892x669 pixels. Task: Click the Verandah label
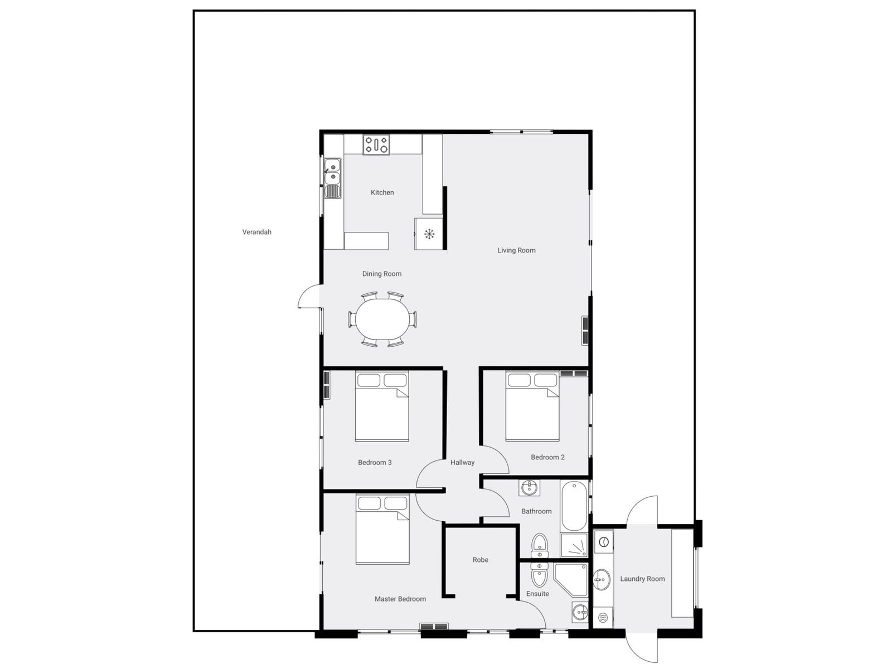coord(256,232)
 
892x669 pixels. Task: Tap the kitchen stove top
coord(376,145)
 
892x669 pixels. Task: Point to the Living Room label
coord(516,250)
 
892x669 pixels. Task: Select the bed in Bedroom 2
coord(532,407)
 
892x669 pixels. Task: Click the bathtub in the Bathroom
coord(573,506)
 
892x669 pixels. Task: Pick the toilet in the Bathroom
coord(540,545)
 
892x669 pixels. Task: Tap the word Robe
coord(480,560)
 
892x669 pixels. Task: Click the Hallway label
coord(462,462)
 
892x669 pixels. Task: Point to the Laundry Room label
coord(642,579)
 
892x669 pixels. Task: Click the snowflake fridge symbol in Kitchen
coord(429,234)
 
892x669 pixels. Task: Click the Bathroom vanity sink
coord(529,488)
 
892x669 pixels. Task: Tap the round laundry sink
coord(601,580)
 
